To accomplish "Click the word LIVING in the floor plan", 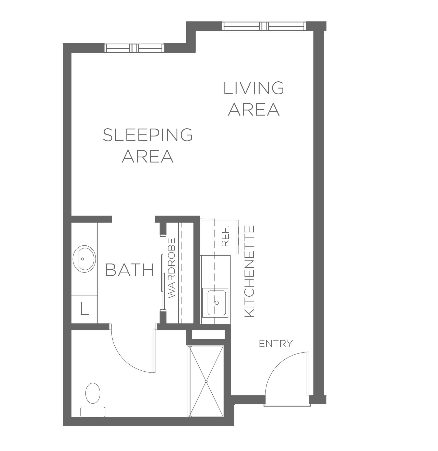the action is pos(254,88).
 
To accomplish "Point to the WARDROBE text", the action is pos(172,268).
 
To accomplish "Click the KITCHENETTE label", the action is pos(249,271).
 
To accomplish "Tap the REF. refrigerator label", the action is pos(225,236).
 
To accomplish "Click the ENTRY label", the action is pos(276,344).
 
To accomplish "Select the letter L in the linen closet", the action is pos(84,309).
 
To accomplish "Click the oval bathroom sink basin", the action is pos(84,259).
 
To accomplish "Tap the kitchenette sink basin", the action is pos(217,303).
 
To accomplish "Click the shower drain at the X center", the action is pos(206,381).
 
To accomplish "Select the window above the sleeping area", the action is pos(134,48).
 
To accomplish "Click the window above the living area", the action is pos(264,26).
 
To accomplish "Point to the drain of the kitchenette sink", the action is pos(217,303).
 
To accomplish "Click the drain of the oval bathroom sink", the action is pos(82,259).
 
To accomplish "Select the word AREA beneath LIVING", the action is pos(254,109).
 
